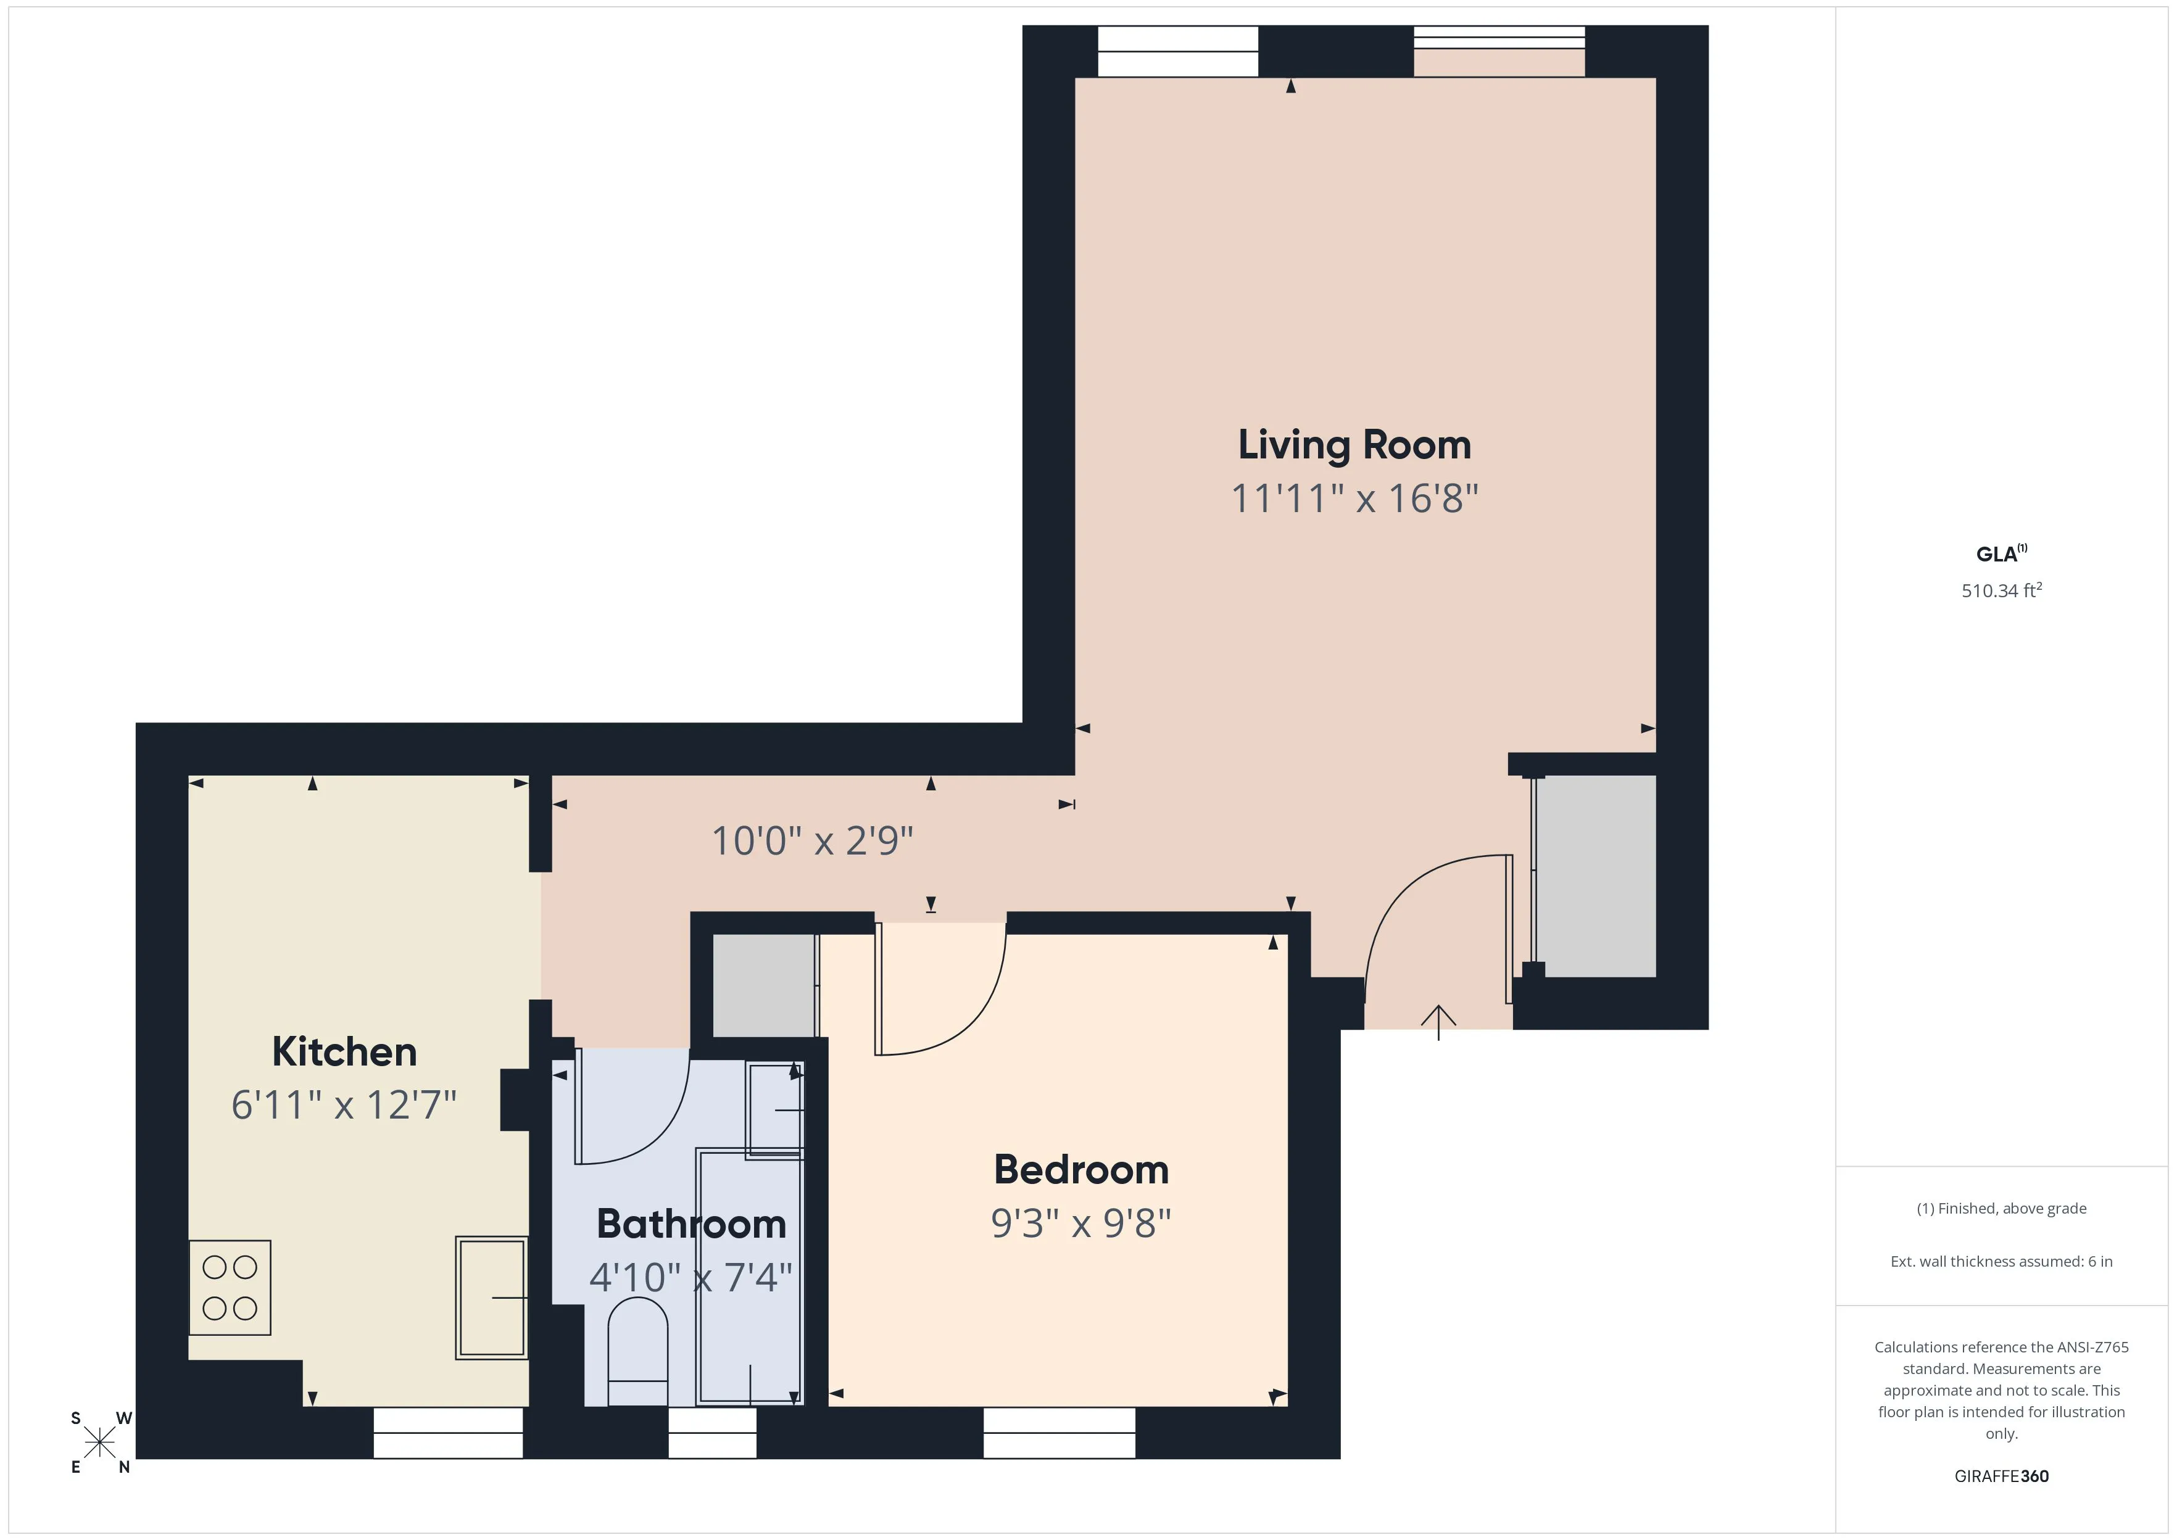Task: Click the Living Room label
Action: [1354, 445]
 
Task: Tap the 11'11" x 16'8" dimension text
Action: [1354, 499]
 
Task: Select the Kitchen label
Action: [344, 1051]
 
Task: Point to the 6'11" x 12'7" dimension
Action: [344, 1105]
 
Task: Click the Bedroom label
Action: [1081, 1169]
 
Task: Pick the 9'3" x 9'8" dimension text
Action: [1081, 1223]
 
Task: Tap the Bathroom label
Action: [691, 1223]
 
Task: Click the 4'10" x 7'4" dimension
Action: [690, 1277]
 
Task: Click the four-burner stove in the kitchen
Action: [230, 1288]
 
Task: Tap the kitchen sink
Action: [491, 1298]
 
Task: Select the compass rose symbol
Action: [99, 1443]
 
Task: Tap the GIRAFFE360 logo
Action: [2001, 1476]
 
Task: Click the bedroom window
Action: [1059, 1433]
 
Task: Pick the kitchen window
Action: [447, 1433]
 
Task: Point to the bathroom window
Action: [712, 1433]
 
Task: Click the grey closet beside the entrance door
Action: [1595, 876]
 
